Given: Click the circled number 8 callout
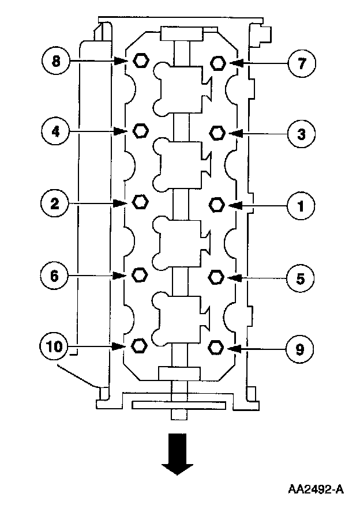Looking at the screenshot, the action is click(x=56, y=61).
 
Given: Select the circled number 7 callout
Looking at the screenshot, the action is click(x=301, y=62).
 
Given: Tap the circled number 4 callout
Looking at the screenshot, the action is click(x=56, y=131).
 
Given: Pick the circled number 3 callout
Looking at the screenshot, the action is click(x=301, y=134).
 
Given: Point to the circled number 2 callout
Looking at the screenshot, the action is click(x=55, y=203).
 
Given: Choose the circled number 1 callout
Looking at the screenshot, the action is click(x=301, y=205).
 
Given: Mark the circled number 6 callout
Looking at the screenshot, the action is click(x=55, y=276).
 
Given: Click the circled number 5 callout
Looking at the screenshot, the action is click(x=301, y=278).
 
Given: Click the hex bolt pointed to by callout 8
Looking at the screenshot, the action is click(x=140, y=59).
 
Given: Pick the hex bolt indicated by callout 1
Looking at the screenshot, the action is click(x=217, y=204).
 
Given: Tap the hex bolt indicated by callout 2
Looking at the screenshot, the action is click(x=140, y=202).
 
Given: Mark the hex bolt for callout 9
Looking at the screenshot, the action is click(x=216, y=347).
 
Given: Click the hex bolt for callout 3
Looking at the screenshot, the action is click(x=217, y=133).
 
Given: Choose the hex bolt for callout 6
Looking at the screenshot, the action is click(x=139, y=274).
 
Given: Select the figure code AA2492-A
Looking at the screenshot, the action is click(x=316, y=490).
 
